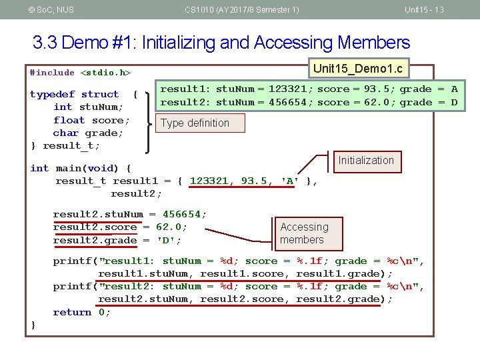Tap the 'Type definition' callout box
click(195, 123)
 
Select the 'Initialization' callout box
click(365, 160)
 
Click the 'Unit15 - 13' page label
click(424, 9)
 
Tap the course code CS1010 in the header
click(201, 9)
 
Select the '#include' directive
click(53, 72)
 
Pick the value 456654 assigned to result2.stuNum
click(182, 214)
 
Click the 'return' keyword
click(72, 312)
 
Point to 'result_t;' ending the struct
click(71, 145)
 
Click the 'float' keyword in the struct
click(69, 120)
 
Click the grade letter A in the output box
click(454, 89)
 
